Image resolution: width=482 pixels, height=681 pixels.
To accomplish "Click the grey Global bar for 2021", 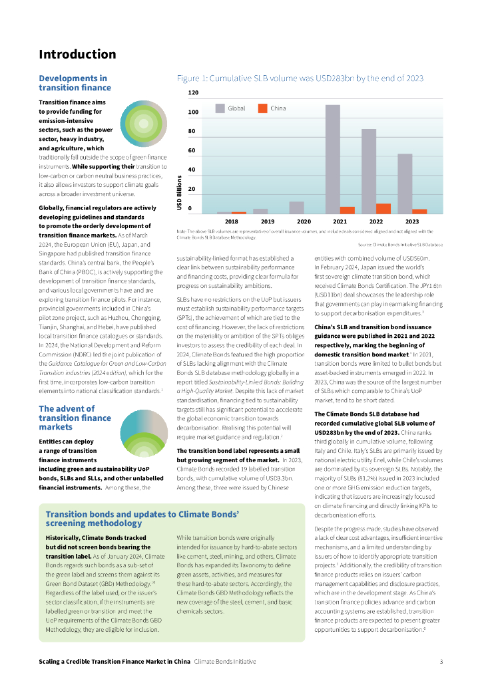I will (332, 159).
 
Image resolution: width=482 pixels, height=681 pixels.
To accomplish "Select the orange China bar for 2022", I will (383, 208).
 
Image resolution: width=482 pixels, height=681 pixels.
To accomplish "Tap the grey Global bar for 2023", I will (405, 184).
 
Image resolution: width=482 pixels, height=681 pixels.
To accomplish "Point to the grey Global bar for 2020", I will (297, 207).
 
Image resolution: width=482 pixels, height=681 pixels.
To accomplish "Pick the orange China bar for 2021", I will (347, 209).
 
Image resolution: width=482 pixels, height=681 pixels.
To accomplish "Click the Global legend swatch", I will (220, 108).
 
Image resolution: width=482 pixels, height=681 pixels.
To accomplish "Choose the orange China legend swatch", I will (262, 108).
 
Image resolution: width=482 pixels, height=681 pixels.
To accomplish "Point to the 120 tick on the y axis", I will (193, 92).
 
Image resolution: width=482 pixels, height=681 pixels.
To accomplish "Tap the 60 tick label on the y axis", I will (192, 150).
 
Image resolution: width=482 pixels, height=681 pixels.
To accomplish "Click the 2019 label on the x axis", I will (268, 221).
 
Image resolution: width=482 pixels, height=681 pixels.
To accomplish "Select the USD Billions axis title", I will (180, 193).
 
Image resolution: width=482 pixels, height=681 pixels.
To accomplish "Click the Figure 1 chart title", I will (300, 78).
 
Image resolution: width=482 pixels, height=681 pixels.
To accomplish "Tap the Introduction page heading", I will (77, 55).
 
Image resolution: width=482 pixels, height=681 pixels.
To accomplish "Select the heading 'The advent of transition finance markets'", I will (75, 413).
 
